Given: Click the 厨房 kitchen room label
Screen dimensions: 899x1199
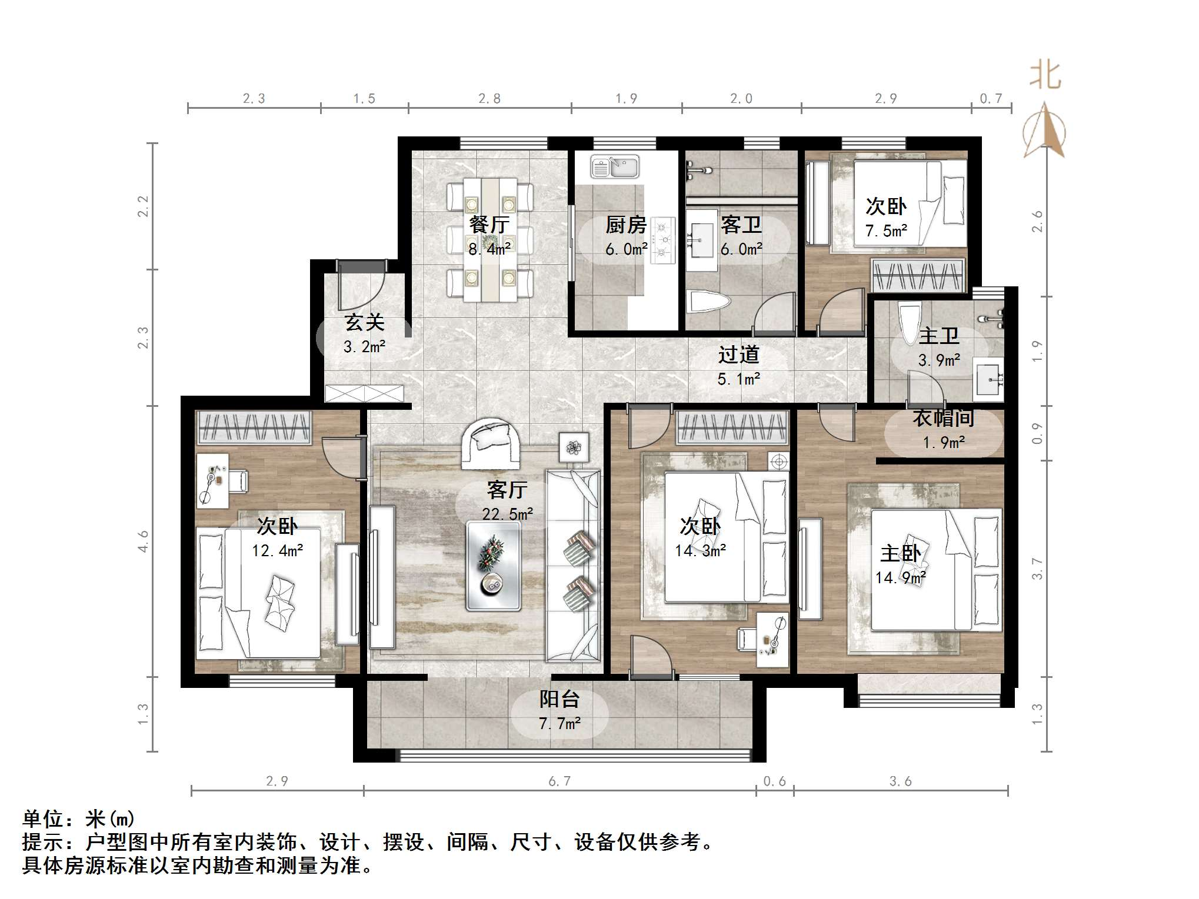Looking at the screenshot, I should [626, 225].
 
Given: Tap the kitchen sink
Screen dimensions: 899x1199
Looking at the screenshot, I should [614, 166].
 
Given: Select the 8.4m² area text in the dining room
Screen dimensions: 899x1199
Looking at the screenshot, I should [489, 249].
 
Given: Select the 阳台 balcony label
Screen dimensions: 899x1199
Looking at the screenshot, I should [559, 699].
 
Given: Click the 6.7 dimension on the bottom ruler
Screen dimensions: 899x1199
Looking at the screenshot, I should [559, 781].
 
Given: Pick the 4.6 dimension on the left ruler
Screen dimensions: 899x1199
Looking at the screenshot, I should [143, 541].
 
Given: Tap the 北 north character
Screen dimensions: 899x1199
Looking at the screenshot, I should [1045, 75].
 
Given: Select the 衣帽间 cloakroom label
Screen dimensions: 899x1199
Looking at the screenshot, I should [944, 418].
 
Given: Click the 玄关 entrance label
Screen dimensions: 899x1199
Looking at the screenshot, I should [365, 322].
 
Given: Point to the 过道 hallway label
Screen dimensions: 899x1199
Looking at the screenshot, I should [738, 355].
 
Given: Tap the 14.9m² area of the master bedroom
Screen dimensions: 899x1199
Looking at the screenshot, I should [900, 578].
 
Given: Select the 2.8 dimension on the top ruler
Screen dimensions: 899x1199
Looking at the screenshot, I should [489, 99].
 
